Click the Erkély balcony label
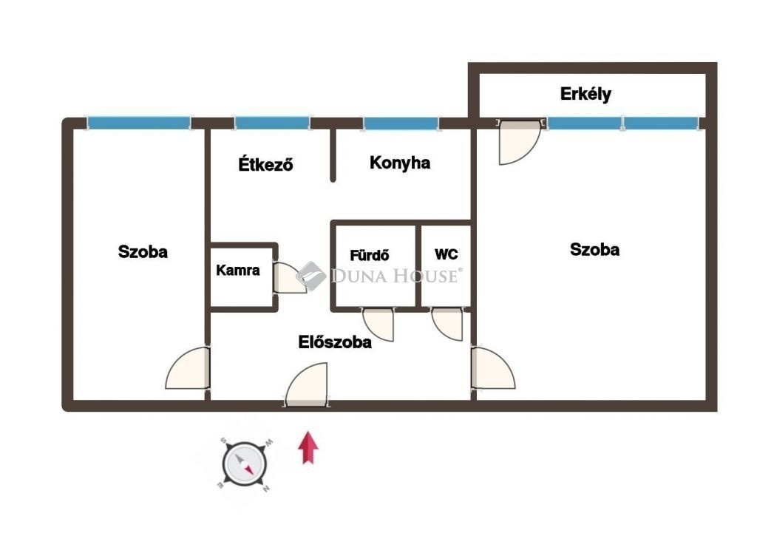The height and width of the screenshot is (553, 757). click(585, 94)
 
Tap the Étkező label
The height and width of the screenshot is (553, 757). click(265, 164)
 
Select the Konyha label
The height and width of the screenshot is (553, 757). click(400, 163)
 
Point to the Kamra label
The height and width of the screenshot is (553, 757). click(237, 270)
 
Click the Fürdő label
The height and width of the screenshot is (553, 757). click(370, 254)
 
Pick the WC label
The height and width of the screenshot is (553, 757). click(446, 254)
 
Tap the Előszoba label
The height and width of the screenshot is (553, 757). click(335, 342)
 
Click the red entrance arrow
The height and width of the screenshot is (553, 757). click(308, 447)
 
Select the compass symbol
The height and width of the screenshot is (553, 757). click(245, 464)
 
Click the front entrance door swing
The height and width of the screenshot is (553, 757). click(306, 384)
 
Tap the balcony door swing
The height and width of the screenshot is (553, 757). click(520, 143)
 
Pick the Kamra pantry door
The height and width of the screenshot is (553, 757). click(290, 277)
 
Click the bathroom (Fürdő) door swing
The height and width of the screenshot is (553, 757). click(378, 325)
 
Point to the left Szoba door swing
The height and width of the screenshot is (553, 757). click(188, 367)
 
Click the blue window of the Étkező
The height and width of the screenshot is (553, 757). click(272, 123)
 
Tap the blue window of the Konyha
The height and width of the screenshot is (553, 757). click(401, 123)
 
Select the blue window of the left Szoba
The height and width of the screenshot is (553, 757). click(139, 123)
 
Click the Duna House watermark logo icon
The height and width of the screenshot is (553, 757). click(311, 276)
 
